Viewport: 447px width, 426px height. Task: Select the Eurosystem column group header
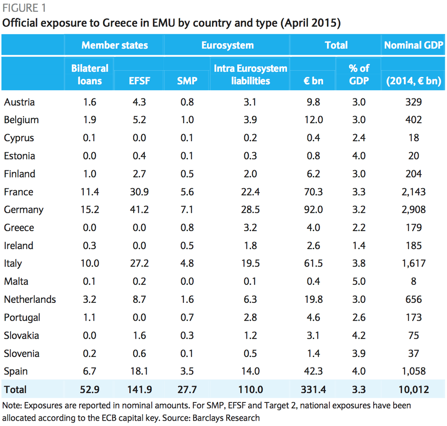227,45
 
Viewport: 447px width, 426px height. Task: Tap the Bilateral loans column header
90,74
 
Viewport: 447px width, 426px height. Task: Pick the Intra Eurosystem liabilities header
250,74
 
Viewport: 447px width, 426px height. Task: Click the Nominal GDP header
413,45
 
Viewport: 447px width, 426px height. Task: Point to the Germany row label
24,210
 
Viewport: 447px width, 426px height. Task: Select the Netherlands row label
30,299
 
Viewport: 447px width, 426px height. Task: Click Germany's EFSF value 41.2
140,210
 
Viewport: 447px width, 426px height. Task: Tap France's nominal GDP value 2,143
413,192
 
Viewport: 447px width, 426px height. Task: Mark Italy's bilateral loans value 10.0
90,263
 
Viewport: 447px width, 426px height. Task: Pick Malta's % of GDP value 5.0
359,281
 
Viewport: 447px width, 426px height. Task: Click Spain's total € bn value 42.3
313,371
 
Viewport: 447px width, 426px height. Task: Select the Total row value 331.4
313,389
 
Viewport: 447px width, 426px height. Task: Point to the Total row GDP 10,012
413,389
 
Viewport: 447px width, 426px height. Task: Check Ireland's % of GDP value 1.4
359,246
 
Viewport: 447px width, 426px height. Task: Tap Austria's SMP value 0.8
187,102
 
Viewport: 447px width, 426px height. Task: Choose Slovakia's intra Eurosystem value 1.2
250,336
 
